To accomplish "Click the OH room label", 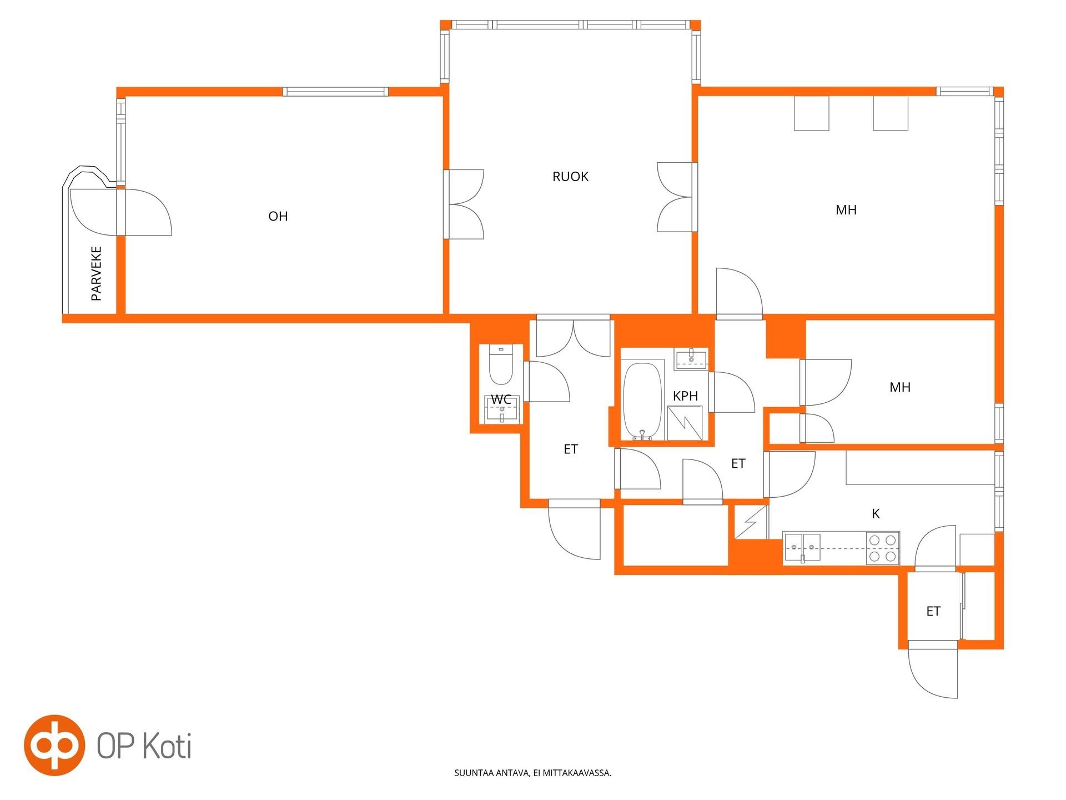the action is click(278, 216).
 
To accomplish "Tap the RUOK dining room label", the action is click(570, 177).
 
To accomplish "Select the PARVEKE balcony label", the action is click(97, 273).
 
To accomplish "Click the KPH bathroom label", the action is click(685, 396).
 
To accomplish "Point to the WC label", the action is click(501, 399).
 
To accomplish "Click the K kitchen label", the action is click(876, 514).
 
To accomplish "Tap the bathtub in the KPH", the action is click(642, 401).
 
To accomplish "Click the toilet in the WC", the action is click(501, 365).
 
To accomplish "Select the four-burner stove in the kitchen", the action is click(882, 548).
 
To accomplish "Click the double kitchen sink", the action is click(802, 548).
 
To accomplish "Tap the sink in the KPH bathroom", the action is click(691, 359).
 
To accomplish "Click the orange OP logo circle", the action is click(54, 745).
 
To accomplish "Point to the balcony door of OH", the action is click(120, 212).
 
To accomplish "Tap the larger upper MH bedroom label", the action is click(846, 210).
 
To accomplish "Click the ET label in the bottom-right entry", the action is click(933, 612).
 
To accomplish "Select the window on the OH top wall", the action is click(335, 92).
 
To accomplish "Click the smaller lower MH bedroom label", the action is click(900, 387).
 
